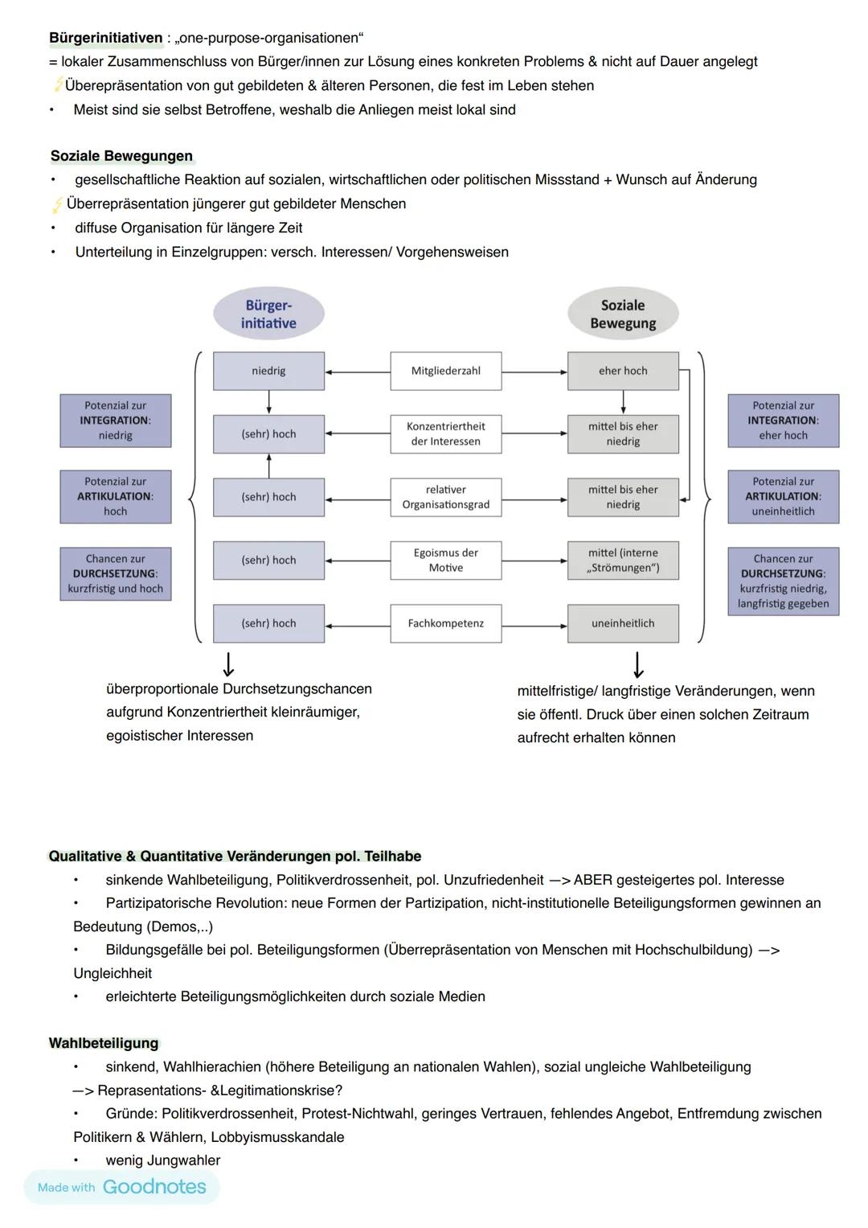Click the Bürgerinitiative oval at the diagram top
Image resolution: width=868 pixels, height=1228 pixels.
pos(268,314)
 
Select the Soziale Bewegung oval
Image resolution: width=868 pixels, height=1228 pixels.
pos(623,314)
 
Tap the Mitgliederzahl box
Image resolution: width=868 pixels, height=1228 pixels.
pos(445,371)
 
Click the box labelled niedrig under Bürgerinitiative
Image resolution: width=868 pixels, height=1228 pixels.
pos(268,371)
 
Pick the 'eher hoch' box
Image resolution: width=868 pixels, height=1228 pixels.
pos(623,371)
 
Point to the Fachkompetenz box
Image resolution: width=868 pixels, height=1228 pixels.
pos(445,623)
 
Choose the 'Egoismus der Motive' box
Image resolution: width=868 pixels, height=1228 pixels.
pos(445,561)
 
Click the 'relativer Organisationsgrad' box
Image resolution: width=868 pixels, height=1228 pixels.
pos(445,497)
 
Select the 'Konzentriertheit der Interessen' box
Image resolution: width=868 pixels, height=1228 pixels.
pos(445,433)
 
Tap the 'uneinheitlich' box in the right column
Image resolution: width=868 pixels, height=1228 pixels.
pos(623,623)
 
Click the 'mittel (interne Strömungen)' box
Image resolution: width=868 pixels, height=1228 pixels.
pos(623,561)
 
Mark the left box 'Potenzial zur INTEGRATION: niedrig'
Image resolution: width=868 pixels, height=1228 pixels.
pos(116,421)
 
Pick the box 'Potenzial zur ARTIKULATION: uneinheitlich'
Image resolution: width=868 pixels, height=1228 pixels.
pos(783,496)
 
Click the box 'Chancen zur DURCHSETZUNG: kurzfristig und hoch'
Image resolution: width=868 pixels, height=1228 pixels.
pos(116,573)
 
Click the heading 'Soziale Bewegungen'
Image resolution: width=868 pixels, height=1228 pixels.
pos(121,156)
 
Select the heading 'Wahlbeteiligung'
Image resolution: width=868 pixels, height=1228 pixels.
pos(104,1043)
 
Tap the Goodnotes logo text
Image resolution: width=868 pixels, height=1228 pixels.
pos(154,1187)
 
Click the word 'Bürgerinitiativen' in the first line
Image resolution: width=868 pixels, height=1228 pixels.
pos(105,38)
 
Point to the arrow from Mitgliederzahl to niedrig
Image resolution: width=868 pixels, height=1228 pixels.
pos(358,372)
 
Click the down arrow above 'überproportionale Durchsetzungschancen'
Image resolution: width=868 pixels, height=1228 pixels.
pos(229,664)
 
